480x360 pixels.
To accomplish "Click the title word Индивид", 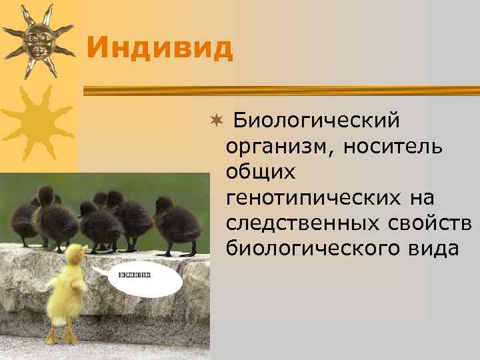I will click(159, 47).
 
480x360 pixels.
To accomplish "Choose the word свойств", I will click(436, 223).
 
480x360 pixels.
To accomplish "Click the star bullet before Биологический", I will click(215, 123).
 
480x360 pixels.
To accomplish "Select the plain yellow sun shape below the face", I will click(37, 123).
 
